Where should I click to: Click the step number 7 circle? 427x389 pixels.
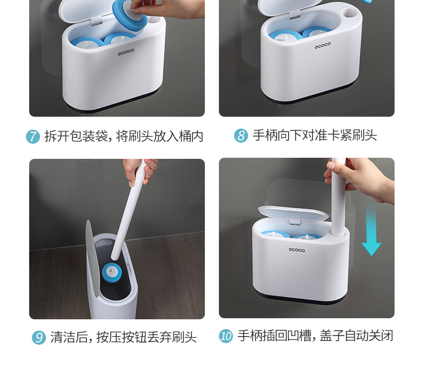[x=33, y=137]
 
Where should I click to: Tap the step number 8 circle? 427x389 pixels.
[x=241, y=136]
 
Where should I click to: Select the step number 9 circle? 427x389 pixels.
[x=39, y=338]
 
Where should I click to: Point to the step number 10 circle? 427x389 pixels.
[x=226, y=336]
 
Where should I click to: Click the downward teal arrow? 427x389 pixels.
[x=371, y=230]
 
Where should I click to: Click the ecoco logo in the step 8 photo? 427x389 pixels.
[x=323, y=46]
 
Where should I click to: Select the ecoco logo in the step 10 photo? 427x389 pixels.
[x=297, y=250]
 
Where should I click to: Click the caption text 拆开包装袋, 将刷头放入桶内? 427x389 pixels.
[x=123, y=136]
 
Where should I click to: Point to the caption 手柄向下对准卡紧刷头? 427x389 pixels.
[x=315, y=135]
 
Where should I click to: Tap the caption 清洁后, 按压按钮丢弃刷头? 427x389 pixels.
[x=123, y=338]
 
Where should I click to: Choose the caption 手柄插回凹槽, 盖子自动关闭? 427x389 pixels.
[x=315, y=336]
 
